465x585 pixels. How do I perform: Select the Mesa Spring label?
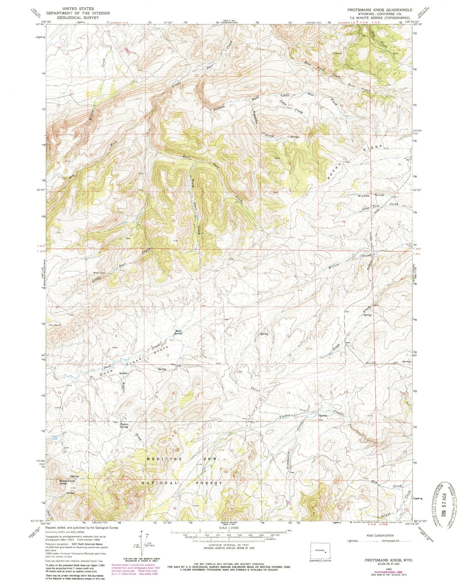(x=178, y=332)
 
